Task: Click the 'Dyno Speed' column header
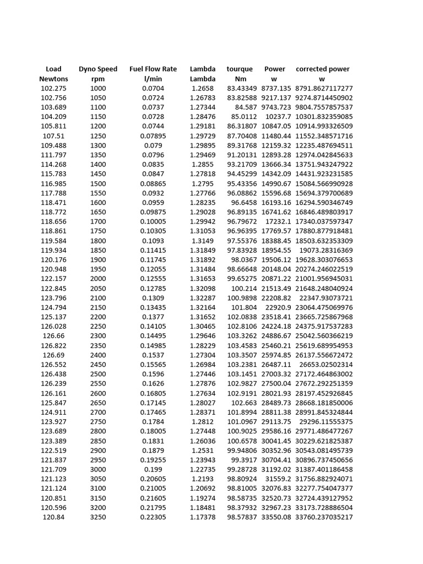98,69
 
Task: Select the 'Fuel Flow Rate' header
153,69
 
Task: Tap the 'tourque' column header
240,69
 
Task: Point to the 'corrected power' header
323,69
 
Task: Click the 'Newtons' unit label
53,79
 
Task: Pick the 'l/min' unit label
153,79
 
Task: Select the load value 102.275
53,88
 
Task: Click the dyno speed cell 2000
98,279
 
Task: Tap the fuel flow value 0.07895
153,135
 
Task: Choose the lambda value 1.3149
203,241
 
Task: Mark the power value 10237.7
278,117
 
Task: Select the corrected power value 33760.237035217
324,517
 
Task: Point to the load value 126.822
53,345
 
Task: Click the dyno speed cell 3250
98,517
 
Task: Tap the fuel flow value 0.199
153,469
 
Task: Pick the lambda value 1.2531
203,451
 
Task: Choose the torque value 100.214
244,288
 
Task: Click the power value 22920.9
278,307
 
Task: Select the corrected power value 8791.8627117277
324,88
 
